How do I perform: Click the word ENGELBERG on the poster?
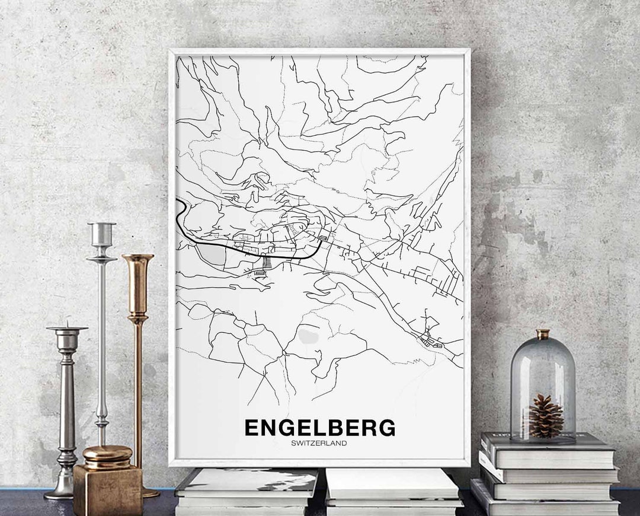319,428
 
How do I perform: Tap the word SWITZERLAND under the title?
319,443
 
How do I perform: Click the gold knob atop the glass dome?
543,334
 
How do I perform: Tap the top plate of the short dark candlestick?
67,329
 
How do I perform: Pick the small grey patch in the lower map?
308,336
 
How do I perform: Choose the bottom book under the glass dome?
545,505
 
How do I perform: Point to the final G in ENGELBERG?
386,428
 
